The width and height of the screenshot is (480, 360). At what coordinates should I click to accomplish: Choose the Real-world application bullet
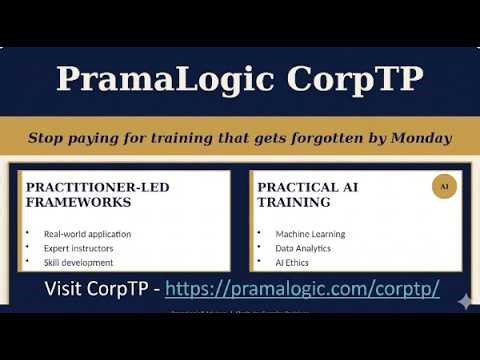tap(87, 234)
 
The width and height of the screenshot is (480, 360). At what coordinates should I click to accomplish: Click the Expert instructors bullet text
tap(78, 248)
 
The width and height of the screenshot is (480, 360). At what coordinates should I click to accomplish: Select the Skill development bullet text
tap(78, 262)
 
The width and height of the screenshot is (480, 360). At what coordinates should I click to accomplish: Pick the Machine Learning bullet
tap(310, 234)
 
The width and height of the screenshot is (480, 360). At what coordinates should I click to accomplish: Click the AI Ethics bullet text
tap(292, 262)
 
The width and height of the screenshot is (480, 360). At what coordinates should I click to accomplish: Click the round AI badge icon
tap(444, 186)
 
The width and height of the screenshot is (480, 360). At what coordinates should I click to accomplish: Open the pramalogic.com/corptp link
tap(302, 289)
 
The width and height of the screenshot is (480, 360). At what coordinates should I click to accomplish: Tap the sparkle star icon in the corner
tap(462, 300)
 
